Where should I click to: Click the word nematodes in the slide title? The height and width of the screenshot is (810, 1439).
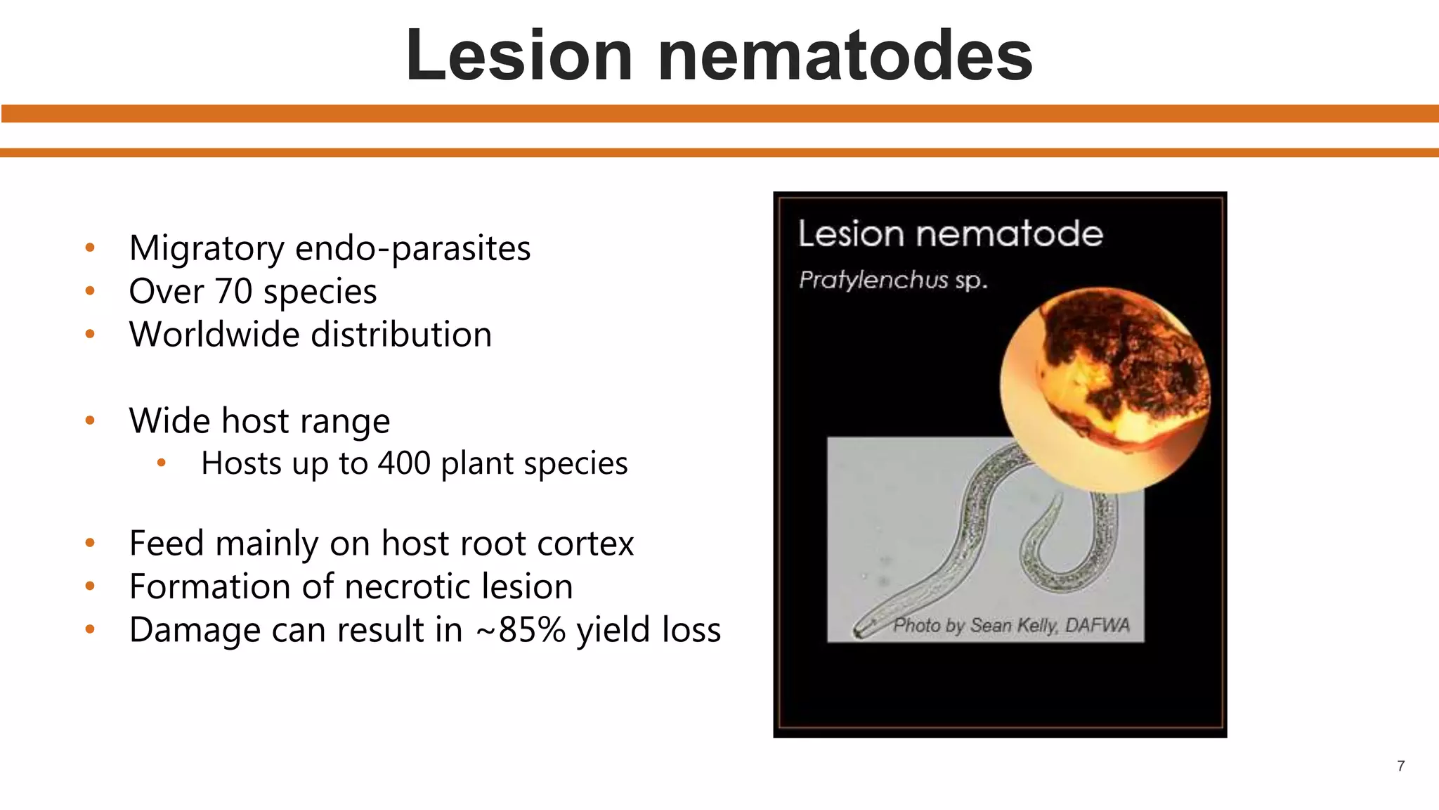click(x=845, y=56)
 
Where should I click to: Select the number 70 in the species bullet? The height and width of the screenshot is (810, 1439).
click(x=233, y=292)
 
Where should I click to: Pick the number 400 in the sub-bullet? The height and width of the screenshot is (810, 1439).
click(x=404, y=463)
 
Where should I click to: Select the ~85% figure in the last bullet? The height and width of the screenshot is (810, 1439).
click(x=521, y=630)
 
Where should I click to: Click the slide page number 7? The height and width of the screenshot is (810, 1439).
click(x=1401, y=766)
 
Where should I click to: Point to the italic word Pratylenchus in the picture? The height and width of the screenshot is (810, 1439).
click(x=873, y=280)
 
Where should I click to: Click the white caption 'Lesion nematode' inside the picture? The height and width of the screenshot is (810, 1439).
click(x=950, y=233)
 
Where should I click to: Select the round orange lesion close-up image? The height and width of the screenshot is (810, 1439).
click(x=1105, y=390)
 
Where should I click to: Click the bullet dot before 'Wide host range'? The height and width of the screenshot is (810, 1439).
click(x=90, y=421)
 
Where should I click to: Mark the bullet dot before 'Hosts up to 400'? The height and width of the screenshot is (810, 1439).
click(x=162, y=463)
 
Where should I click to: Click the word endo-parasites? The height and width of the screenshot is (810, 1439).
click(x=413, y=249)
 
